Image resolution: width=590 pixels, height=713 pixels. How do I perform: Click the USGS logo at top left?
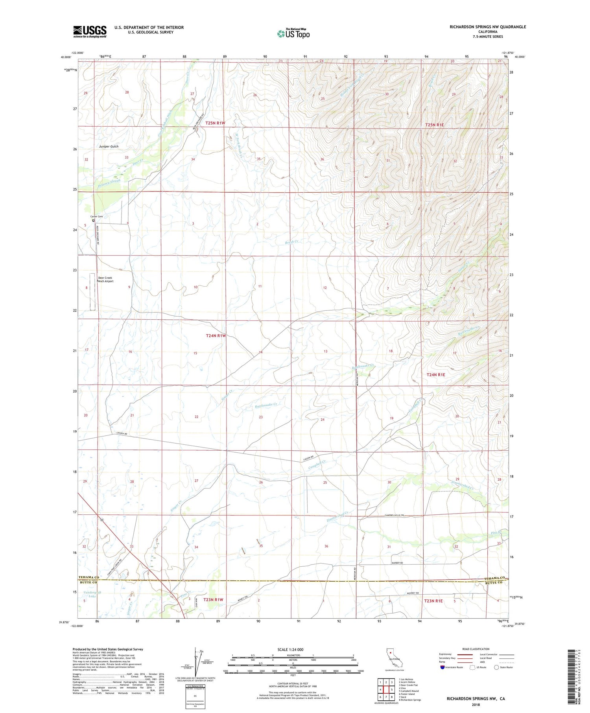90,31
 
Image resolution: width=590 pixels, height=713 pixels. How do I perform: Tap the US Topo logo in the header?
293,34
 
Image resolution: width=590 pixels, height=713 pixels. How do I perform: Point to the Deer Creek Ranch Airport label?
105,280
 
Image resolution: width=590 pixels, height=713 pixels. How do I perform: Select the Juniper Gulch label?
109,146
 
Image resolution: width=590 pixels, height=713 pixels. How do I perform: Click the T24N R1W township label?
216,335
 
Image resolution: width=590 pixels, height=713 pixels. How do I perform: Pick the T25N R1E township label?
435,125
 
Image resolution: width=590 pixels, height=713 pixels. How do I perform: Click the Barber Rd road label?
397,563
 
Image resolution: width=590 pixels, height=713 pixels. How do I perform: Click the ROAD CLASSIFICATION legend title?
476,649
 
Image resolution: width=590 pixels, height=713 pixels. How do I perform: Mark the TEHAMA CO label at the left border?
88,577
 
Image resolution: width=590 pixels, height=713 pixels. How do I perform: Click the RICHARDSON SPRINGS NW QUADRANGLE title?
488,27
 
